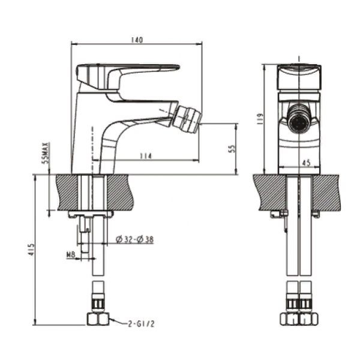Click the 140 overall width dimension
(x=137, y=40)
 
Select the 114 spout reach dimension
(x=146, y=156)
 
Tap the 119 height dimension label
(x=260, y=119)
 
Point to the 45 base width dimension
(x=306, y=163)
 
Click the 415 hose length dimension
(x=32, y=250)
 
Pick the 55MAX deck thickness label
(x=46, y=152)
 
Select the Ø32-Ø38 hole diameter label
(x=135, y=239)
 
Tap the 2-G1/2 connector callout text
(x=142, y=324)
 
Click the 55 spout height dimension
(x=232, y=149)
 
